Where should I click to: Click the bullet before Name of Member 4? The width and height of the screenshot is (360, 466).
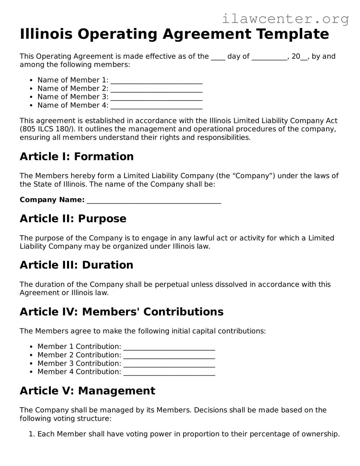pos(31,105)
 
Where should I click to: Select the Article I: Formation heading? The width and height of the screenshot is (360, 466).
pos(77,156)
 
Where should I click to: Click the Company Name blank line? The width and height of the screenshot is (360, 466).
pos(154,201)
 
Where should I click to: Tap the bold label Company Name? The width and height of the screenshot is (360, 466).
pos(52,200)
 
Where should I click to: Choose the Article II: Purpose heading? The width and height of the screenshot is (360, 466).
pos(73,219)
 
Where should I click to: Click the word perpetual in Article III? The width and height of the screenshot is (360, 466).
pos(171,284)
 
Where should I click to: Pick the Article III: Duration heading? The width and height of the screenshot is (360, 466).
pos(77,265)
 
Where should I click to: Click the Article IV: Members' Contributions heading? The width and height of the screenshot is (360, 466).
pos(121,312)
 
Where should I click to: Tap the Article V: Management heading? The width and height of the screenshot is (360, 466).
pos(87,391)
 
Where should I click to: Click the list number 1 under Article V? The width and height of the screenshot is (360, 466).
pos(31,434)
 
